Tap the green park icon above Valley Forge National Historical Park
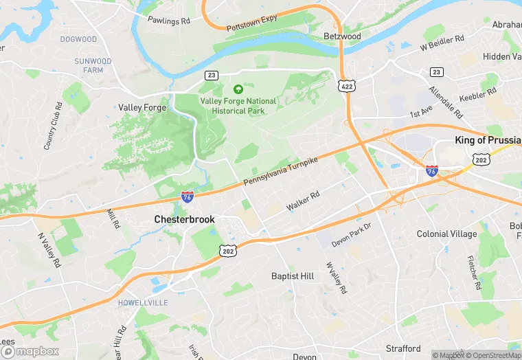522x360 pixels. pyautogui.click(x=238, y=89)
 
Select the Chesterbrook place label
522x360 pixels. pyautogui.click(x=184, y=219)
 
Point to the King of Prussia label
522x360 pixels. pyautogui.click(x=488, y=140)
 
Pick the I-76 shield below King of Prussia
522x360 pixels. pyautogui.click(x=431, y=170)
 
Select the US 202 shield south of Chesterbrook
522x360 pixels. pyautogui.click(x=229, y=251)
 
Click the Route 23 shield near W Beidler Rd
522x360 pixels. pyautogui.click(x=437, y=72)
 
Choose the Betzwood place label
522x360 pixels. pyautogui.click(x=342, y=36)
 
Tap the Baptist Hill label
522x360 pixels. pyautogui.click(x=293, y=276)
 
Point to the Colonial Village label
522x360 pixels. pyautogui.click(x=446, y=234)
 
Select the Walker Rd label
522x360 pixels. pyautogui.click(x=303, y=201)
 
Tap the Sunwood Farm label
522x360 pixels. pyautogui.click(x=93, y=65)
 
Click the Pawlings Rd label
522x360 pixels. pyautogui.click(x=169, y=21)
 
